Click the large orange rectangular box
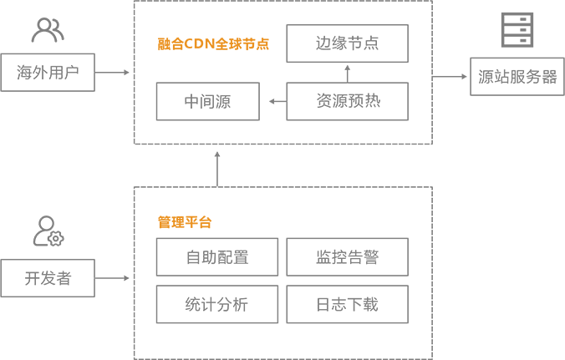[211, 44]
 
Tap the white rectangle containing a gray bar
[346, 102]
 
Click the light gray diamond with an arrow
[113, 276]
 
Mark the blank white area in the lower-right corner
[518, 251]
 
